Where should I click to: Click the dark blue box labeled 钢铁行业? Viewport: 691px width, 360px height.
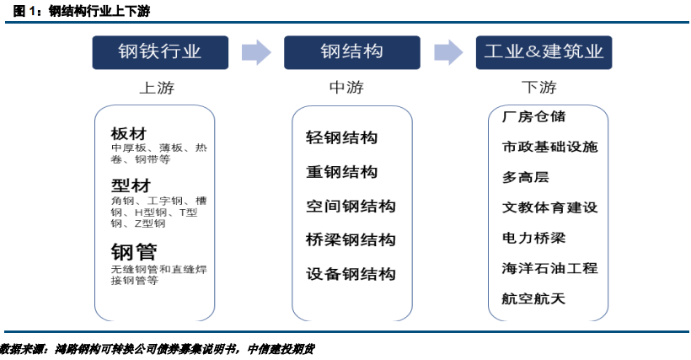[x=159, y=51]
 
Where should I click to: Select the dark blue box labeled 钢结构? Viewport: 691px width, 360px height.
[x=351, y=51]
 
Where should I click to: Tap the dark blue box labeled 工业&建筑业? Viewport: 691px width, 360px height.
[x=544, y=51]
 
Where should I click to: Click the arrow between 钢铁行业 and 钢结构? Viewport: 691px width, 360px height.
[x=255, y=51]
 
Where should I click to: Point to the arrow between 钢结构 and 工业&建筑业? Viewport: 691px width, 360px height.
[x=447, y=51]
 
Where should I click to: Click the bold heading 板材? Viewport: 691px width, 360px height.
[x=128, y=133]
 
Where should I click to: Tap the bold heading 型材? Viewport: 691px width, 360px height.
[x=128, y=185]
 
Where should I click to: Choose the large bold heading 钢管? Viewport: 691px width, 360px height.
[x=135, y=251]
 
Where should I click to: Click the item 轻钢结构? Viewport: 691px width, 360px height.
[x=341, y=138]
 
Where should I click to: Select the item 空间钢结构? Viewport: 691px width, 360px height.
[x=351, y=207]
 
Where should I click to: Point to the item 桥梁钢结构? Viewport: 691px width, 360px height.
[x=351, y=240]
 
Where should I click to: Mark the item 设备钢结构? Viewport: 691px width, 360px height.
[x=351, y=274]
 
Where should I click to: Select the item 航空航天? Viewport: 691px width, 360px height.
[x=533, y=298]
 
